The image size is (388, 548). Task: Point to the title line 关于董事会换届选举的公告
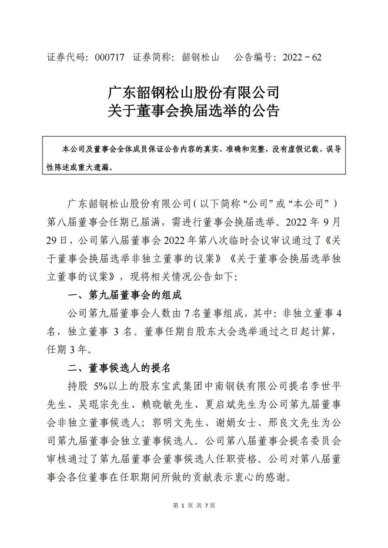(x=193, y=111)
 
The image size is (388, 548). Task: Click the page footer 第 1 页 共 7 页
(x=193, y=506)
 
